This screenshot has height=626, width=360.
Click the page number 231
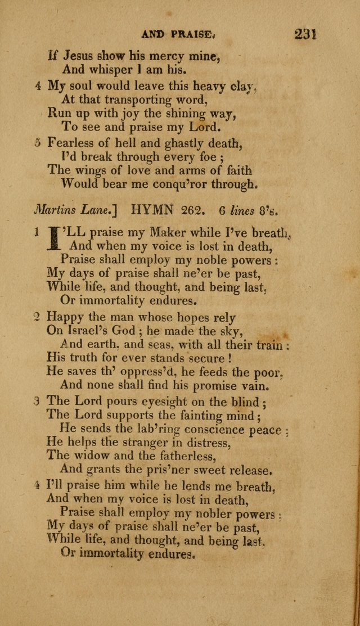[x=305, y=34]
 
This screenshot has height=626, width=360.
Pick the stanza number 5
[x=37, y=144]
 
